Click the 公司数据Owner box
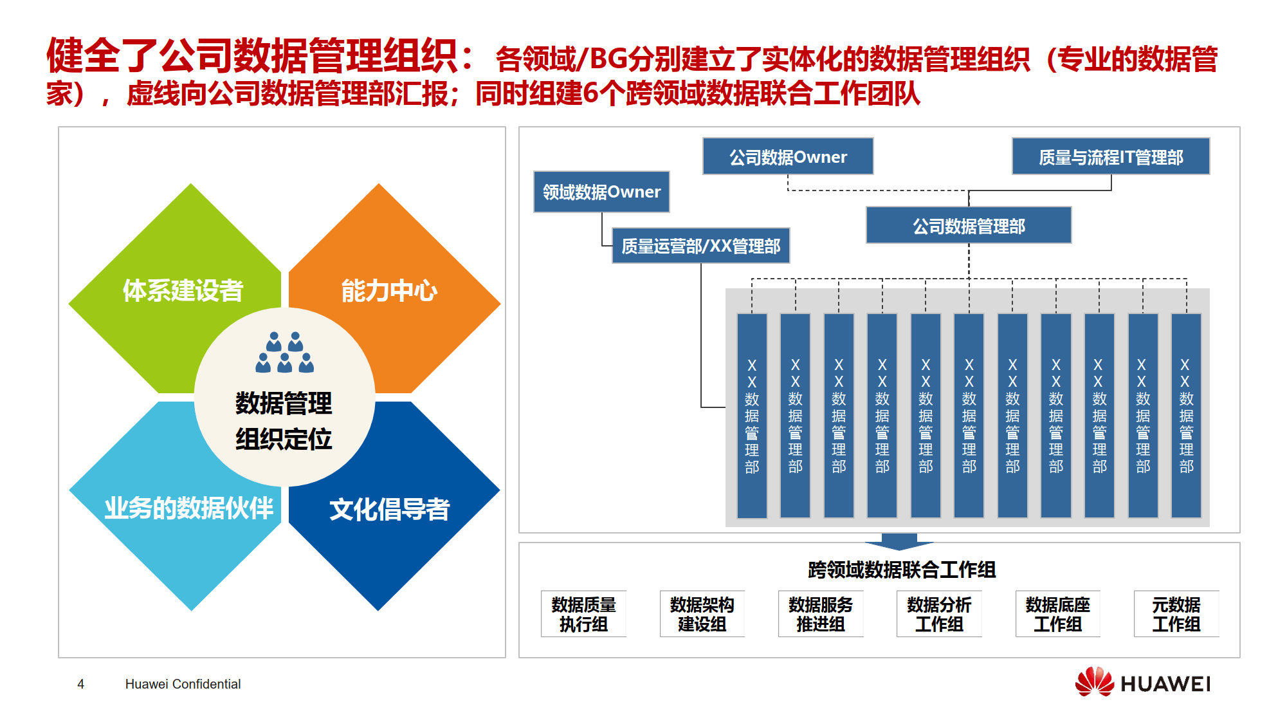787,156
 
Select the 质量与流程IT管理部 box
1110,156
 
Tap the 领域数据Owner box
601,192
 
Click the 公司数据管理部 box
968,225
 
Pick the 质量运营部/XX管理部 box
700,246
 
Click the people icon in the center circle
284,353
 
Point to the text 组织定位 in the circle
284,440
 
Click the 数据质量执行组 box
583,614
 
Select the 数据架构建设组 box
702,614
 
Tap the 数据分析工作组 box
939,614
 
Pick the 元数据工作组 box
1176,614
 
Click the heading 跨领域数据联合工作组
902,570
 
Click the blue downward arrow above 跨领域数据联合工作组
899,541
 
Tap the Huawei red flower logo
1094,682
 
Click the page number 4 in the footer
80,684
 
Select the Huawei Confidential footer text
183,684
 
